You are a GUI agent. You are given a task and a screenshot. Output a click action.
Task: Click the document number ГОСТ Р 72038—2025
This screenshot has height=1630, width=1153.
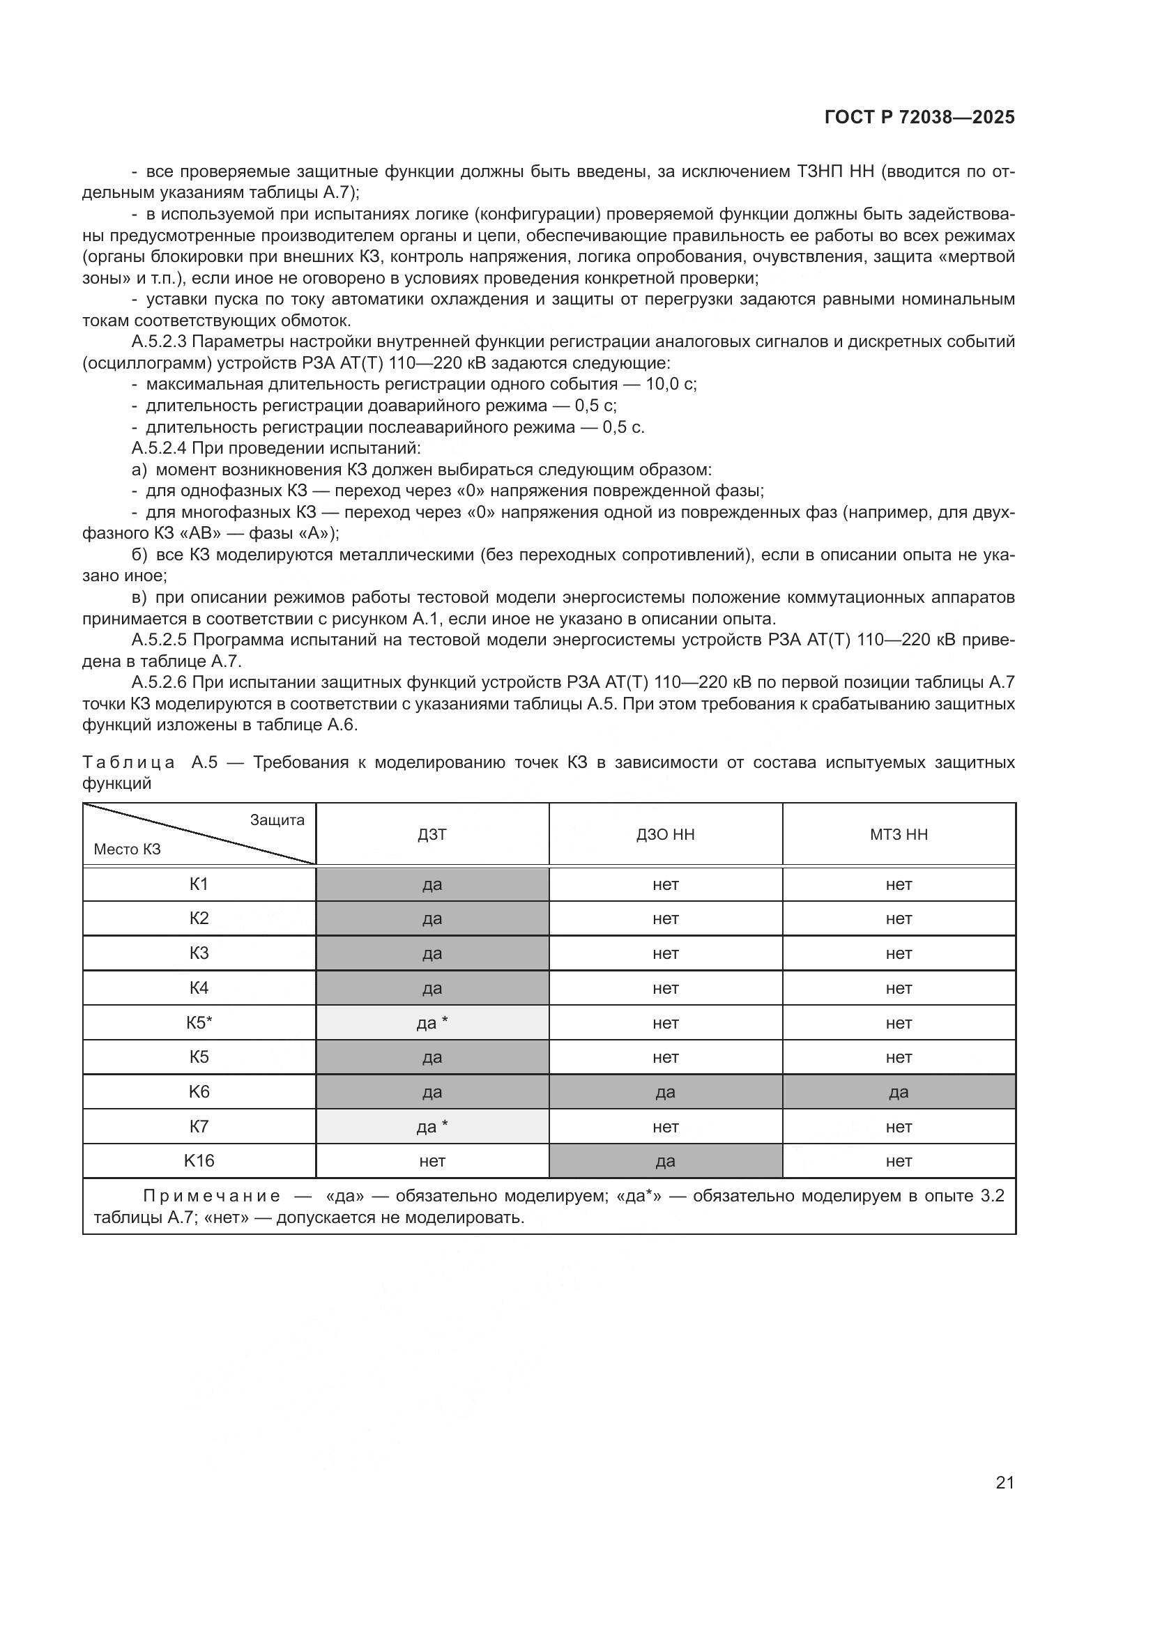click(x=919, y=118)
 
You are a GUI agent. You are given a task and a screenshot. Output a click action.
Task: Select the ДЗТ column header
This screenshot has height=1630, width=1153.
click(x=432, y=834)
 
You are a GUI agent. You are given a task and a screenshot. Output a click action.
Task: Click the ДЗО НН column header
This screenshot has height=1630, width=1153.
click(x=665, y=834)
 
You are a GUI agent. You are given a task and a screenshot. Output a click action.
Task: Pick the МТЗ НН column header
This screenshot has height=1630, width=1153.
click(x=898, y=834)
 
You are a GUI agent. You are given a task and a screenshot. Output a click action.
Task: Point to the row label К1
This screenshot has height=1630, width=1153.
click(x=199, y=884)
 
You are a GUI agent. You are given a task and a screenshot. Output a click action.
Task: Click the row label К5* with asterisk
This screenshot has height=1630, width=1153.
click(x=199, y=1022)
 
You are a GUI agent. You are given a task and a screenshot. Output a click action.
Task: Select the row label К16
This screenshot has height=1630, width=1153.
click(x=199, y=1161)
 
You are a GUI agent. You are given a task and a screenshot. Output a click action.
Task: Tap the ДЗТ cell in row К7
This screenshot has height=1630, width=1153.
click(x=432, y=1127)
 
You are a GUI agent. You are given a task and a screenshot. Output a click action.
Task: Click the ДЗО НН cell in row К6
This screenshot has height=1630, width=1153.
click(x=665, y=1092)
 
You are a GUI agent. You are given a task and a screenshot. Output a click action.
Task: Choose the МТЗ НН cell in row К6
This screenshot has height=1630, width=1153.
click(x=898, y=1092)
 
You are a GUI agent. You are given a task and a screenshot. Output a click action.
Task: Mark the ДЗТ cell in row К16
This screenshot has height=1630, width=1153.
click(x=432, y=1162)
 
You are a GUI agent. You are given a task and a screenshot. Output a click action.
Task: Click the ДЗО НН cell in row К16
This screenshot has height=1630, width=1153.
click(x=665, y=1162)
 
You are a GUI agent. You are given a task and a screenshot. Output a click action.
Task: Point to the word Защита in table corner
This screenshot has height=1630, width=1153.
click(x=277, y=820)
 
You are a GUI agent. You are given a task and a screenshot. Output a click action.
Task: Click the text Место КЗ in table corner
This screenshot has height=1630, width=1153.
click(x=127, y=849)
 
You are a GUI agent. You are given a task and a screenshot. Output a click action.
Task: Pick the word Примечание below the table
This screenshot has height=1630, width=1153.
click(x=212, y=1197)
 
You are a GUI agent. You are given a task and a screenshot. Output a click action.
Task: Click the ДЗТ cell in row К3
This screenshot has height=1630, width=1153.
click(x=432, y=953)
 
